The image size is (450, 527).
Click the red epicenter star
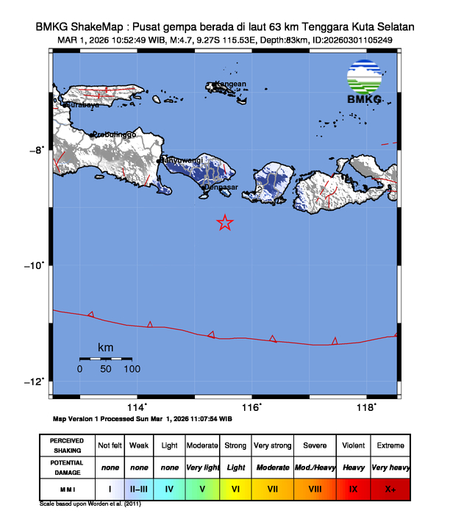pos(225,223)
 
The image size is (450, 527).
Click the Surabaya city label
pos(82,105)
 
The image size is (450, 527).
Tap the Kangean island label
pos(229,84)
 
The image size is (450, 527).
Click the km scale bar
pos(105,359)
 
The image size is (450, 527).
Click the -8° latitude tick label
pos(37,151)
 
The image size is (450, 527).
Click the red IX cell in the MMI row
pos(354,488)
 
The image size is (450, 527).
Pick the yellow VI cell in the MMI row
pos(236,488)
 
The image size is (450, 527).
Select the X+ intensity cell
pos(390,488)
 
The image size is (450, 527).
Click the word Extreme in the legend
pos(390,445)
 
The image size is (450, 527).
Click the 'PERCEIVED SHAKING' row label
pos(66,445)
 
